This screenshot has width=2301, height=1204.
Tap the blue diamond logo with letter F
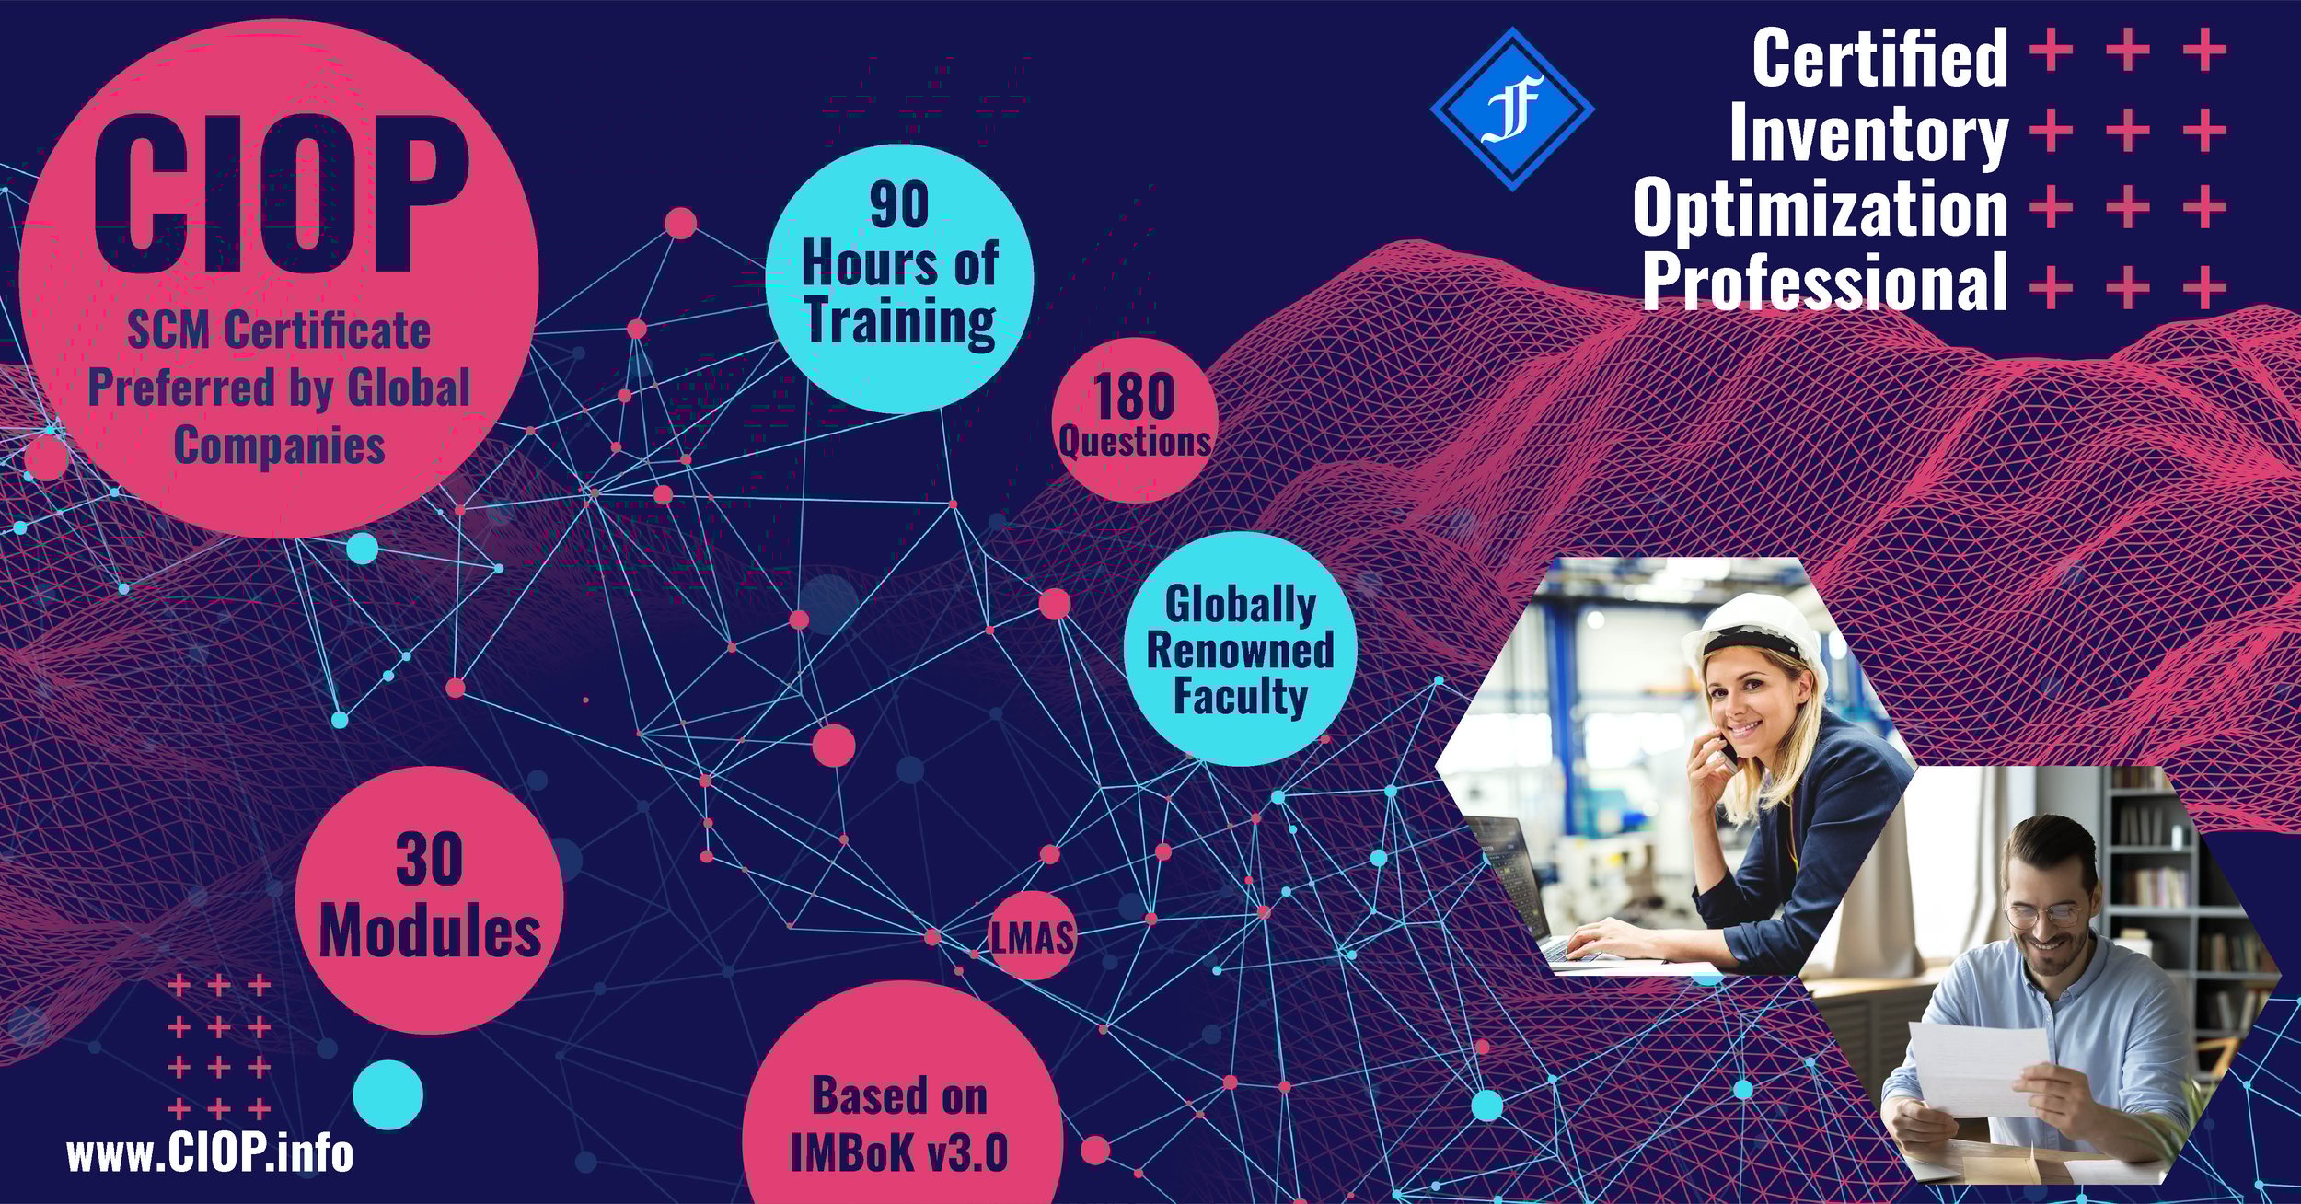coord(1512,110)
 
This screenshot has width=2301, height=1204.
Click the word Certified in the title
coord(1879,58)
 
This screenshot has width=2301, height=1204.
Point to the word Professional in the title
coord(1825,283)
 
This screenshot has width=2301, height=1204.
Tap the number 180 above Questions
coord(1135,397)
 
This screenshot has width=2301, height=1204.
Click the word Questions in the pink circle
coord(1134,443)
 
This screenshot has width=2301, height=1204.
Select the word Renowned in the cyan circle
coord(1240,650)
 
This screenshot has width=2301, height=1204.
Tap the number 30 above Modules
coord(429,861)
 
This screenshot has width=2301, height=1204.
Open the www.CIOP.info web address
coord(210,1153)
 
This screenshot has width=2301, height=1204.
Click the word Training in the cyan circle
coord(900,321)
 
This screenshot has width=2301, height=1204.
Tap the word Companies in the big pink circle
coord(279,446)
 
